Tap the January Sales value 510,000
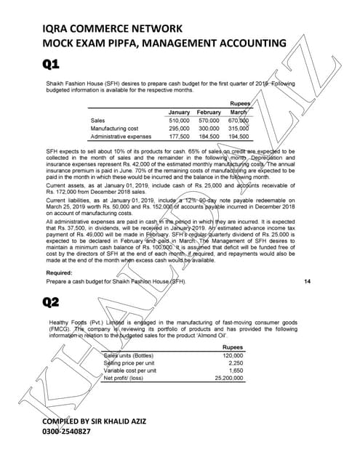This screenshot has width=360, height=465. click(179, 120)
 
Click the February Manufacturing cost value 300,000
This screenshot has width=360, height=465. click(209, 128)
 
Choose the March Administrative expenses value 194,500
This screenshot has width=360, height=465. click(239, 136)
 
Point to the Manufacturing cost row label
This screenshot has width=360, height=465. click(115, 128)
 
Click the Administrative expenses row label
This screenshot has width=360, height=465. click(121, 136)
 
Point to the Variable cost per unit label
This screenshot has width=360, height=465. click(129, 371)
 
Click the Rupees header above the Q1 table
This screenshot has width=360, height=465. click(240, 103)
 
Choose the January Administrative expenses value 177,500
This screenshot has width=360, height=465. click(179, 136)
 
